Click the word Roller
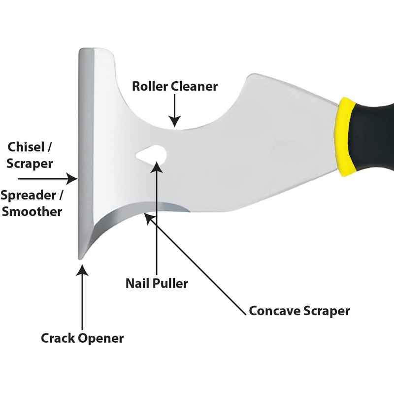(150, 86)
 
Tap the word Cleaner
(194, 86)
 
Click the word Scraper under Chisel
(30, 164)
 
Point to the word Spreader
(29, 196)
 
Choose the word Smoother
(32, 212)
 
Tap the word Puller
(170, 284)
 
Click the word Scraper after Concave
(327, 312)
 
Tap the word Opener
(101, 339)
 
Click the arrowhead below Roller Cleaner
(175, 121)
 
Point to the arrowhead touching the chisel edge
(71, 179)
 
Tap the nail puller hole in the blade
(152, 154)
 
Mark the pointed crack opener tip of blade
(80, 258)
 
